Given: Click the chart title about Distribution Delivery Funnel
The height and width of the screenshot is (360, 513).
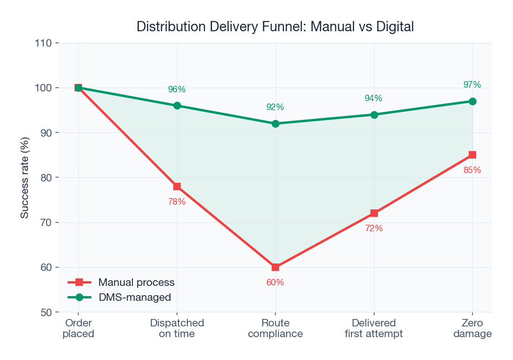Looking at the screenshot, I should pos(275,27).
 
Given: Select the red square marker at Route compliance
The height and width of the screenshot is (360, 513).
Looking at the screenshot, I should pos(275,267).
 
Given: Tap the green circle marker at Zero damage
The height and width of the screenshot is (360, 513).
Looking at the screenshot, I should pos(472,101).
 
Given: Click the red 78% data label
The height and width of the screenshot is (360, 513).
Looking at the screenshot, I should pos(177,202).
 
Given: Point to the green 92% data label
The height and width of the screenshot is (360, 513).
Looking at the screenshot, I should pos(275,107).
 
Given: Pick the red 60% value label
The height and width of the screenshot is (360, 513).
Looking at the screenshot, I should pos(275,283).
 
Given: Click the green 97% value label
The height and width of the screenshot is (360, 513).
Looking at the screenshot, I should pos(472,85).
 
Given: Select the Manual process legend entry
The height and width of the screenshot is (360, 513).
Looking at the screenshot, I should pos(136,282).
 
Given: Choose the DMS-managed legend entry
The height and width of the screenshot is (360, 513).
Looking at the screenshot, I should pos(134,297).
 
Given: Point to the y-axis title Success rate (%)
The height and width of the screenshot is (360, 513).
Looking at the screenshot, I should pos(25,178).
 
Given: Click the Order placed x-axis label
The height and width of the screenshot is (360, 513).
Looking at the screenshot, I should pos(78,328).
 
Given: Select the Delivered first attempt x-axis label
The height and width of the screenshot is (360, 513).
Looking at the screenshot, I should pos(374,328).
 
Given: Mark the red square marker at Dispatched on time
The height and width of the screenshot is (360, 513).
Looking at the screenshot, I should pos(177,187).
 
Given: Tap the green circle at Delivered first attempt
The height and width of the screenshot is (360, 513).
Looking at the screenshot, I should pos(374,115).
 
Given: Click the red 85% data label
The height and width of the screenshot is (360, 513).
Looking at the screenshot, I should pos(472,170).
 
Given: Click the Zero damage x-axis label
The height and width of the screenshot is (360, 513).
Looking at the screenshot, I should pos(472,328).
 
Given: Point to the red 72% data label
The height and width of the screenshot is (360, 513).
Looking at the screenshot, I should pos(374,228).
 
